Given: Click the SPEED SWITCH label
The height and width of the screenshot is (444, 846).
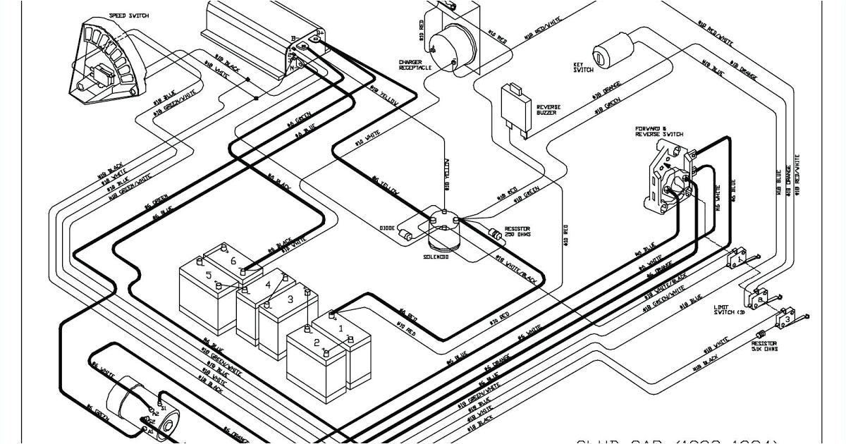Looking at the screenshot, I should [x=129, y=16].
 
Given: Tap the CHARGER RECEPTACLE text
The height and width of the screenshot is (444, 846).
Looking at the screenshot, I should [x=415, y=64].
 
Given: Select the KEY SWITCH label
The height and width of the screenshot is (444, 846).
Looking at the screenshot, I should [x=584, y=67].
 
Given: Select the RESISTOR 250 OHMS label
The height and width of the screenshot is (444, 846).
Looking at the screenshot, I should [x=517, y=232].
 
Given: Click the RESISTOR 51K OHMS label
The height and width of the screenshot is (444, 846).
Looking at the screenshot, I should [x=764, y=347].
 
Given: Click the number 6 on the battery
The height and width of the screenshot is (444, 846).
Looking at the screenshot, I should [x=233, y=261].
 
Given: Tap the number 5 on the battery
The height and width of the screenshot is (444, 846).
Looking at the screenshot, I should [x=208, y=275].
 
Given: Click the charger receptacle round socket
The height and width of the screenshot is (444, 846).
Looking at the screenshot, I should [x=451, y=42].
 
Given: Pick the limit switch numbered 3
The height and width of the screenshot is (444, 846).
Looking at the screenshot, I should [x=787, y=319].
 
